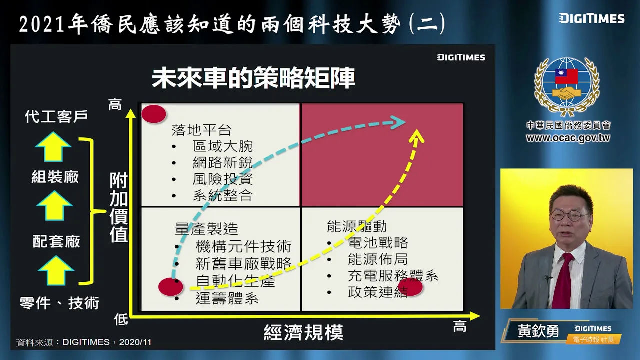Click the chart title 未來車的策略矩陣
coord(253,79)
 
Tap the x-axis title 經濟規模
coord(303,332)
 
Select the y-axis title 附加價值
coord(119,208)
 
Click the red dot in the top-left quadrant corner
coord(153,114)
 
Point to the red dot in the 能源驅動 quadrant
coord(410,287)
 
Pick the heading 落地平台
coord(201,130)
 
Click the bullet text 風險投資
coord(222,179)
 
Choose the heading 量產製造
coord(206,228)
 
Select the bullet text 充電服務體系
coord(393,276)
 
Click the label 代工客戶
coord(56,116)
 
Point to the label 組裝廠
coord(55,177)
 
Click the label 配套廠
coord(56,241)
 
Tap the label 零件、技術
coord(59,302)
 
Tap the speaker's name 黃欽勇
coord(538,331)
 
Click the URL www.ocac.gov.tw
coord(568,138)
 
